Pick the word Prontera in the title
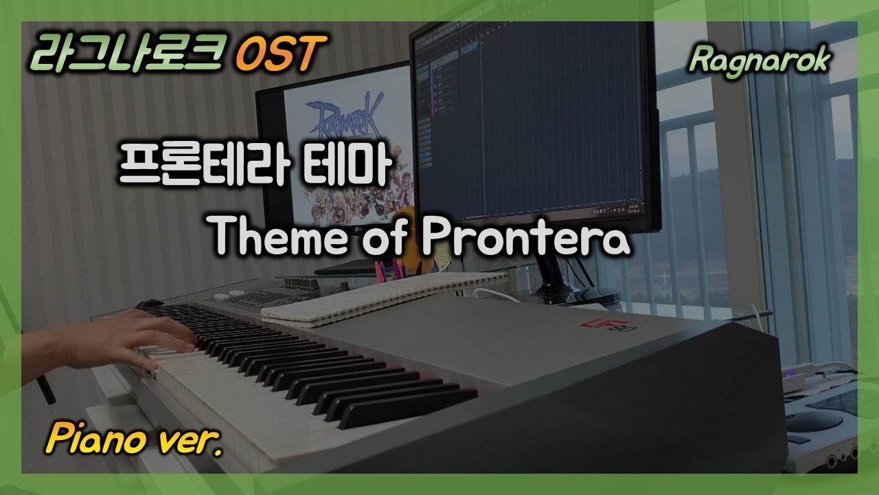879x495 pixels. (525, 237)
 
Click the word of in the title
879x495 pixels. (390, 237)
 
